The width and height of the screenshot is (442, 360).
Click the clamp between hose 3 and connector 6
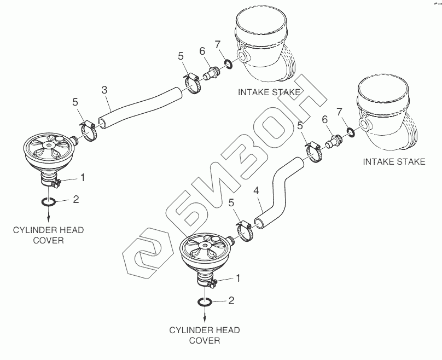pyautogui.click(x=192, y=83)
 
